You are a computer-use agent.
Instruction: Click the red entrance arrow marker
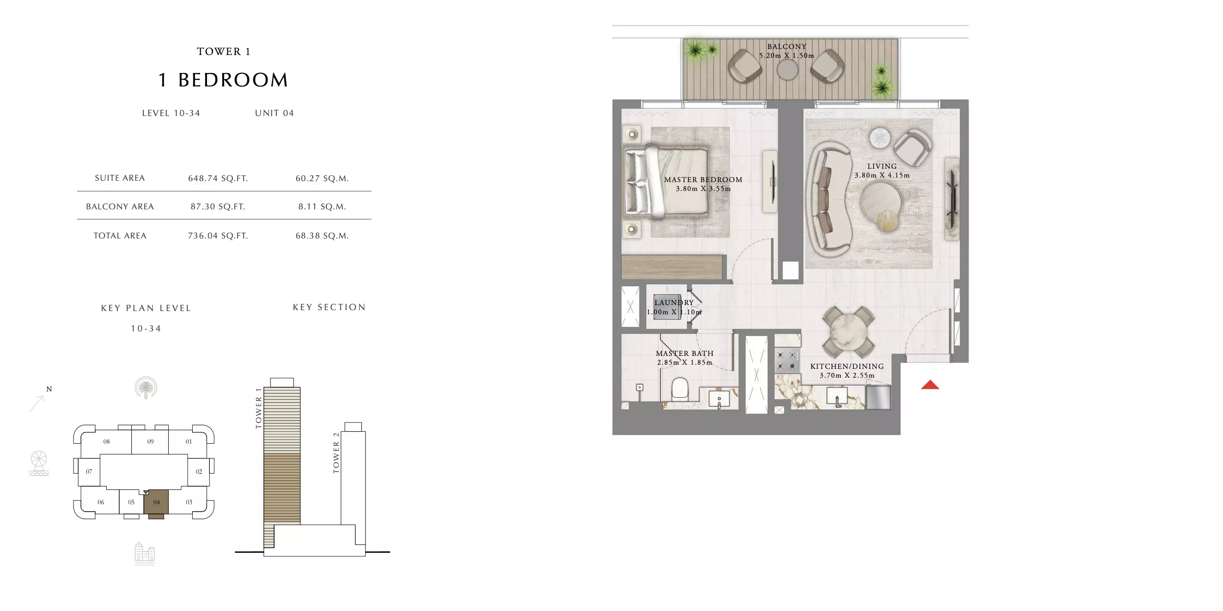[929, 385]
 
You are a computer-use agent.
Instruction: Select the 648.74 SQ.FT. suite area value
[218, 178]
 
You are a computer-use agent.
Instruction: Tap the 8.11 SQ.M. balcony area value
[322, 207]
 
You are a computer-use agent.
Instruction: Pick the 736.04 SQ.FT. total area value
[218, 235]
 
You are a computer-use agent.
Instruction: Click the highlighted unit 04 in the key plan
[156, 502]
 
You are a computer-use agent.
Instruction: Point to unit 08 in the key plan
[106, 441]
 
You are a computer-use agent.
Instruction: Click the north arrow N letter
[49, 389]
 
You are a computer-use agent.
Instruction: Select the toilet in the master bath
[680, 389]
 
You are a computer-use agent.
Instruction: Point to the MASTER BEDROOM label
[703, 179]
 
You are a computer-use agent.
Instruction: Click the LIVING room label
[882, 166]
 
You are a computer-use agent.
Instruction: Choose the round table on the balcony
[787, 70]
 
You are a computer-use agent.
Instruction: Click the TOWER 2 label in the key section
[336, 453]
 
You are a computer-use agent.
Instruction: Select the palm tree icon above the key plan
[146, 388]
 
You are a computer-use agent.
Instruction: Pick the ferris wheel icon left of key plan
[39, 463]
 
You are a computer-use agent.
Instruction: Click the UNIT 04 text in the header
[275, 113]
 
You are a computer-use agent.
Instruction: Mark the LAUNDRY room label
[674, 302]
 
